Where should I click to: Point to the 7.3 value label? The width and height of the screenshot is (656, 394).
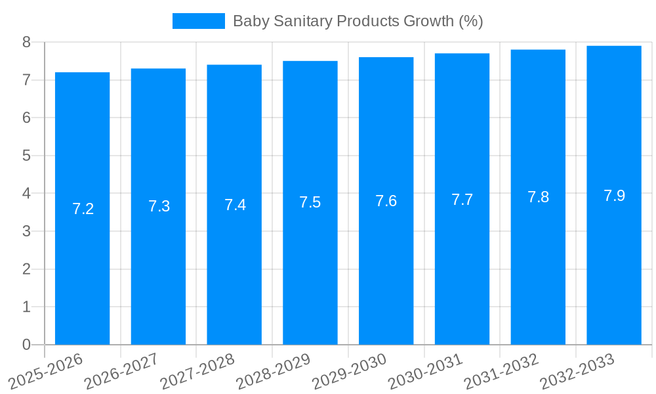pyautogui.click(x=159, y=206)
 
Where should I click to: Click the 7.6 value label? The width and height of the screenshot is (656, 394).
pyautogui.click(x=386, y=201)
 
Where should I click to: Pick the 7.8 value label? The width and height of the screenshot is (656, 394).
pyautogui.click(x=538, y=197)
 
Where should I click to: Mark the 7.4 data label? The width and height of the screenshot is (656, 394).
pyautogui.click(x=235, y=205)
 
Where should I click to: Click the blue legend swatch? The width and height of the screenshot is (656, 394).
pyautogui.click(x=198, y=21)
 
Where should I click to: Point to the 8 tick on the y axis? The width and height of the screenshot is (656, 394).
pyautogui.click(x=26, y=42)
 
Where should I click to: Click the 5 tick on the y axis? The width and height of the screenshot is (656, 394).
pyautogui.click(x=26, y=156)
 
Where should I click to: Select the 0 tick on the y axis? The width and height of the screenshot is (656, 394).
pyautogui.click(x=26, y=345)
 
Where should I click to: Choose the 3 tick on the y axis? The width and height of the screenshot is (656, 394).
pyautogui.click(x=26, y=231)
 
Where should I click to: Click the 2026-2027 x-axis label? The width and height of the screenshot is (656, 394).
pyautogui.click(x=122, y=371)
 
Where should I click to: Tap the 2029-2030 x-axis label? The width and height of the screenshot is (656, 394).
pyautogui.click(x=350, y=371)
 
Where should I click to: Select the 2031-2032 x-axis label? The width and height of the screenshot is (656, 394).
pyautogui.click(x=502, y=371)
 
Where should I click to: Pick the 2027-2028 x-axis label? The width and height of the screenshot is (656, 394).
pyautogui.click(x=198, y=371)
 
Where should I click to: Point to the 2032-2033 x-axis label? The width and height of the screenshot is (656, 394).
pyautogui.click(x=577, y=371)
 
